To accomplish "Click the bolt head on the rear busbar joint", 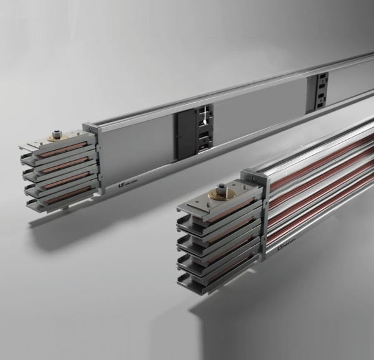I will pos(57,133).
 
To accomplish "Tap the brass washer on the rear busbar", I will pos(57,136).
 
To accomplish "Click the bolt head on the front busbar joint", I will pos(223,187).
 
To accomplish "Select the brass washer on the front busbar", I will pos(223,194).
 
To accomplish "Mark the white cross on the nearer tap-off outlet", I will pos(201,115).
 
